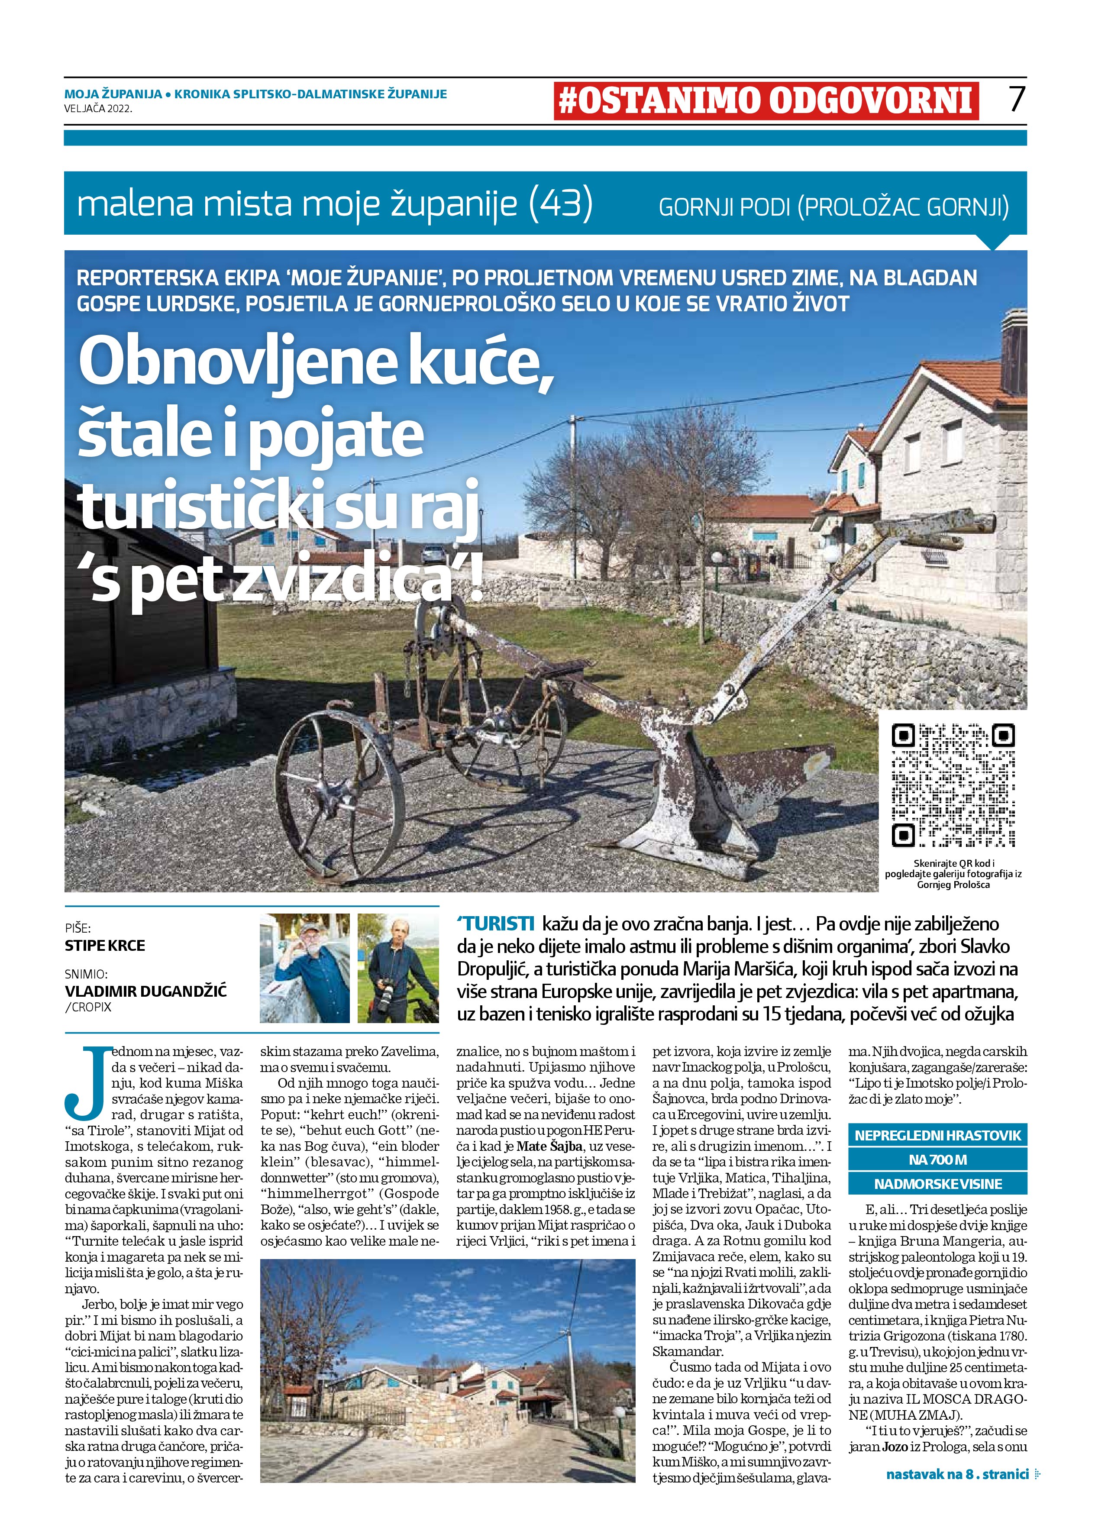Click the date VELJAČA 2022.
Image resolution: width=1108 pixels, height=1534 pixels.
click(x=98, y=107)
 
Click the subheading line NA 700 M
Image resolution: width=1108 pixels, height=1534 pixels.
click(x=937, y=1159)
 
